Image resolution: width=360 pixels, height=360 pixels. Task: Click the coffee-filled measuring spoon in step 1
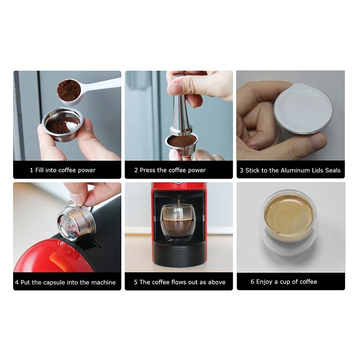coord(69,90)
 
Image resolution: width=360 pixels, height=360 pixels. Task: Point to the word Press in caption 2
coord(148,171)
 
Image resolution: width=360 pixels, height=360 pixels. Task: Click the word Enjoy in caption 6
coord(266,282)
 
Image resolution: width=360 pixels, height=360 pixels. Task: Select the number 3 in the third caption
coord(242,171)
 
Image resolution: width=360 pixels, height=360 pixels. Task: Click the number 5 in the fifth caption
coord(135,283)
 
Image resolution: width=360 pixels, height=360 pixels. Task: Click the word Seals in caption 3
coord(332,171)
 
